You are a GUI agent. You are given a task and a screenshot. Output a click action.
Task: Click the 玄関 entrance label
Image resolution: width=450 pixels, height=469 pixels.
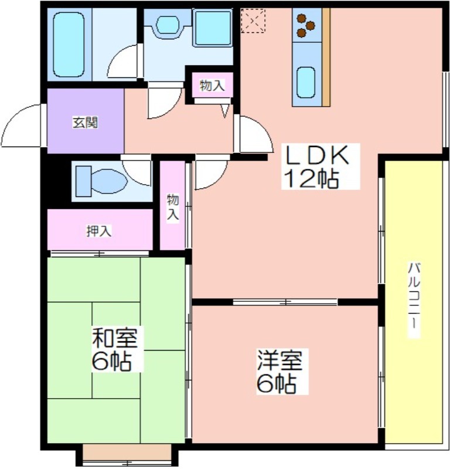tap(85, 123)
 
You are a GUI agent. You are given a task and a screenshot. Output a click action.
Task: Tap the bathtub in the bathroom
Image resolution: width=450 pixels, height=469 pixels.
tap(68, 45)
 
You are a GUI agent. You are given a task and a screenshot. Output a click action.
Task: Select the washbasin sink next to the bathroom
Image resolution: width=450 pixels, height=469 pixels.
tap(168, 25)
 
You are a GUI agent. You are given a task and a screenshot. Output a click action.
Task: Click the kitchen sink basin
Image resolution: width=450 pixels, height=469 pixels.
tap(306, 82)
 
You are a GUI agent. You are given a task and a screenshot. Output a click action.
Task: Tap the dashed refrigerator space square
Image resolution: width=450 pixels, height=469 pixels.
tap(253, 21)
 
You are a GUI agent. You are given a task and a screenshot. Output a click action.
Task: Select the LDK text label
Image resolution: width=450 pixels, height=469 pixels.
tap(317, 154)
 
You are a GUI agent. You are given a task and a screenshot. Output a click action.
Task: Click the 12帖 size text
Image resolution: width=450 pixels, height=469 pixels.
tap(311, 179)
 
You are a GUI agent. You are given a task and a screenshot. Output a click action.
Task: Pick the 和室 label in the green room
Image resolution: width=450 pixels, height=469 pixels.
tap(114, 338)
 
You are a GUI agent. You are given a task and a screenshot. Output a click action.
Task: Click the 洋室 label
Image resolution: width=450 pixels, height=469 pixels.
tap(279, 360)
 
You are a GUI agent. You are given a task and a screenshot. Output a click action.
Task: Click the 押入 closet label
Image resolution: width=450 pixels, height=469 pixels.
tap(99, 231)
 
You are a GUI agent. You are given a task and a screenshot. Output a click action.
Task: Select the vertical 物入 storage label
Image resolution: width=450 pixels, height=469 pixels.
tap(173, 207)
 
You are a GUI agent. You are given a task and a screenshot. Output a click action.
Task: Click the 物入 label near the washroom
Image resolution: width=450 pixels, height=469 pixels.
tap(212, 86)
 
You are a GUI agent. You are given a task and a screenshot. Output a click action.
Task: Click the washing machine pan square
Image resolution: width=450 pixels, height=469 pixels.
tap(213, 28)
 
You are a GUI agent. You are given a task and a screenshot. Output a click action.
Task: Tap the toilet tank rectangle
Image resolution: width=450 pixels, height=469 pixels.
tap(83, 181)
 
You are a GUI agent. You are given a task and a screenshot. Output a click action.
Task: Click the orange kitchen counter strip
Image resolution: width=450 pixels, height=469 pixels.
tap(326, 57)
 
